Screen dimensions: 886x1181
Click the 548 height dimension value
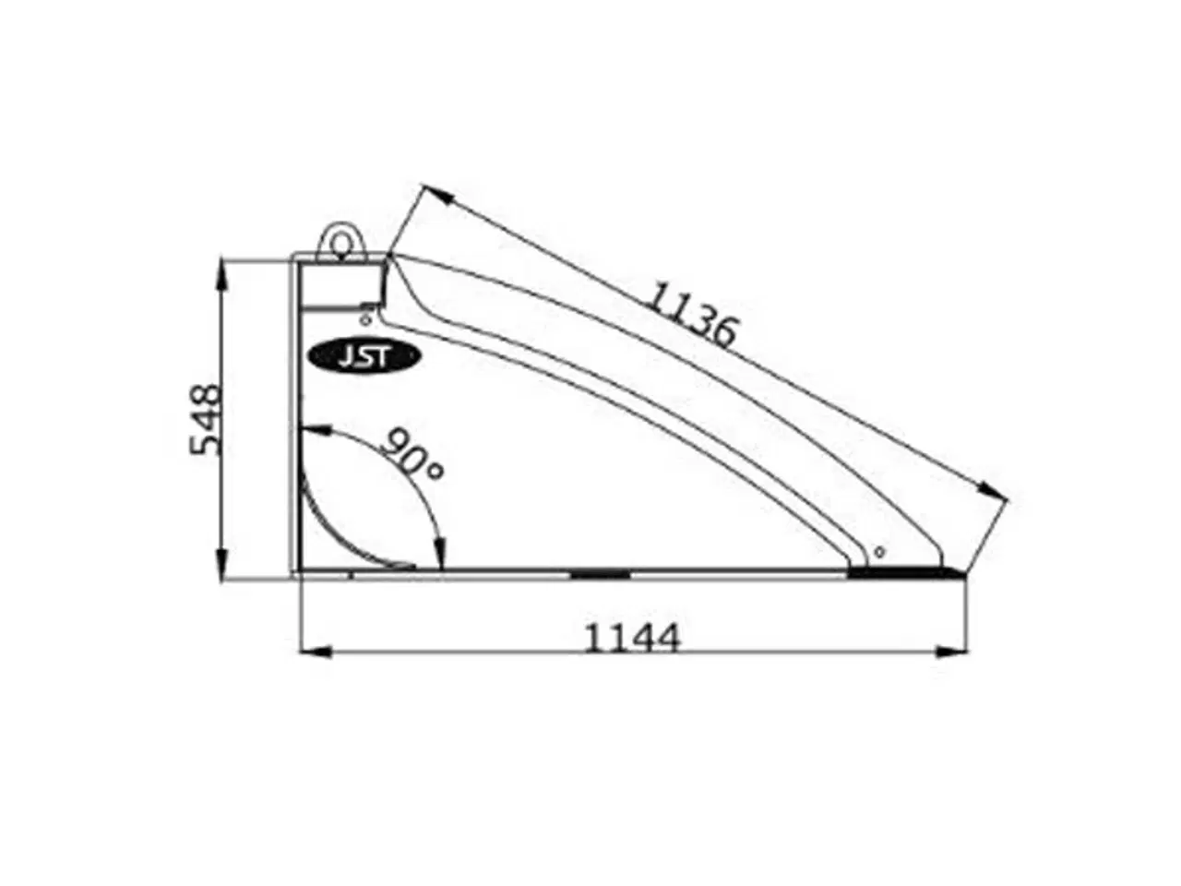pyautogui.click(x=206, y=420)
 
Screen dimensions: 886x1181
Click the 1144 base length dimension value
pyautogui.click(x=633, y=638)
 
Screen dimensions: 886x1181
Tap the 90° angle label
pyautogui.click(x=412, y=453)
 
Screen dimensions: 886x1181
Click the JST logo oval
pyautogui.click(x=364, y=356)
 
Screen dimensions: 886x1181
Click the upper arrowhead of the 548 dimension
pyautogui.click(x=222, y=271)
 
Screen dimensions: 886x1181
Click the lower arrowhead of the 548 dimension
pyautogui.click(x=222, y=567)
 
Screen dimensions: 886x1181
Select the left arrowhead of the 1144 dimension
pyautogui.click(x=316, y=652)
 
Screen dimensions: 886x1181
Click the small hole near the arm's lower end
pyautogui.click(x=878, y=552)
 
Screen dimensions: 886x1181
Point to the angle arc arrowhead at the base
pyautogui.click(x=440, y=556)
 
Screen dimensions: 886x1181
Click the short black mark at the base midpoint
pyautogui.click(x=600, y=574)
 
